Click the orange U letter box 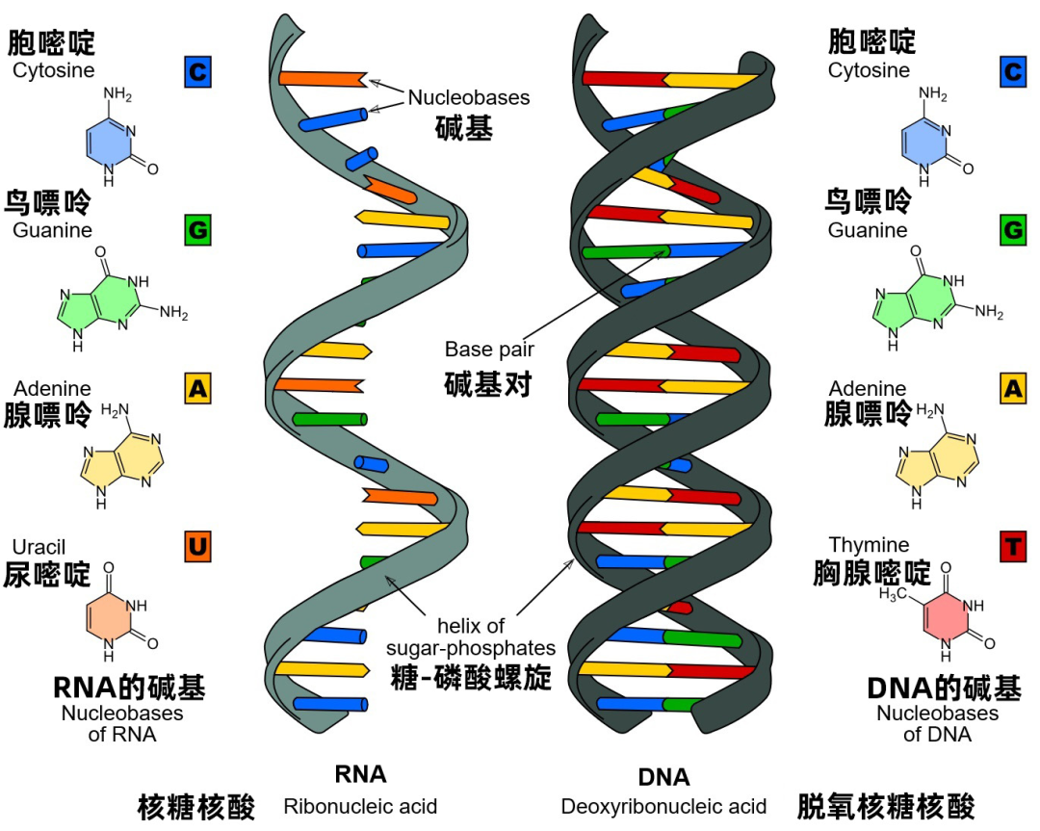[197, 548]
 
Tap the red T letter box [1012, 548]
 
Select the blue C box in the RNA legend [197, 71]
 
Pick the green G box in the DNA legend [1012, 230]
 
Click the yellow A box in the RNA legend [197, 388]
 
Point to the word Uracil [39, 547]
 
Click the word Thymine [869, 545]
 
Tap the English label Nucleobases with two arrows [469, 97]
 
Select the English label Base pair [489, 349]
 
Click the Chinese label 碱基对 [488, 383]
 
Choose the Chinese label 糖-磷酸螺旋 [471, 677]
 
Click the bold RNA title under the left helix [360, 774]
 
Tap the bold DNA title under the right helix [663, 777]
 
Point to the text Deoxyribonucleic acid [663, 806]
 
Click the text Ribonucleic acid [360, 806]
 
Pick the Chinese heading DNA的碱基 [944, 688]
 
